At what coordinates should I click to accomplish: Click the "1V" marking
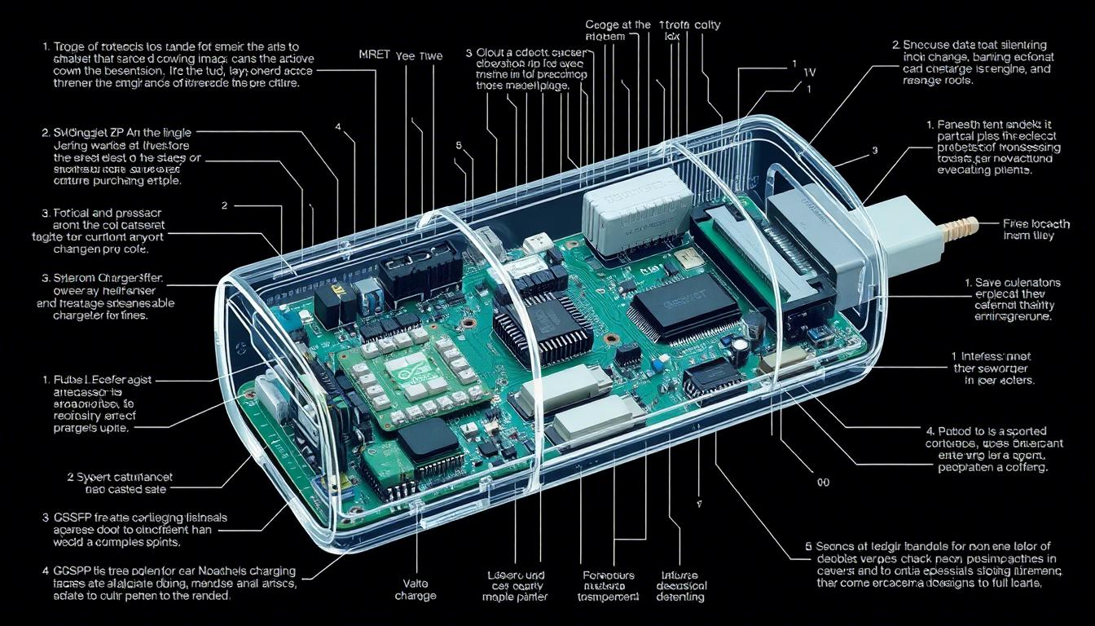[x=809, y=72]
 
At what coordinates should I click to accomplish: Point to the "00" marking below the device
[x=823, y=483]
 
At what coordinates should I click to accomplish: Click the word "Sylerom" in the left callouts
[x=74, y=278]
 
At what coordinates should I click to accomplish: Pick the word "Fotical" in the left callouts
[x=74, y=212]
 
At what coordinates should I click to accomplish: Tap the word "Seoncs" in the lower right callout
[x=839, y=546]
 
